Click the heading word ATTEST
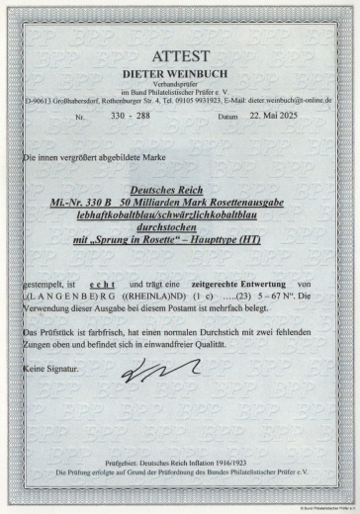tap(179, 58)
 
